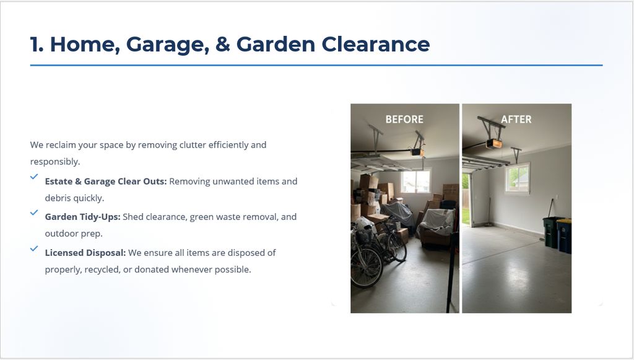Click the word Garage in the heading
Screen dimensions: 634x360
pyautogui.click(x=167, y=45)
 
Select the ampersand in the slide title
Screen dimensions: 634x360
pyautogui.click(x=223, y=44)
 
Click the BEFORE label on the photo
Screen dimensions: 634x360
pyautogui.click(x=404, y=120)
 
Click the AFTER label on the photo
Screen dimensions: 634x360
pyautogui.click(x=516, y=120)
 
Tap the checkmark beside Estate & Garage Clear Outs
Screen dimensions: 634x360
pyautogui.click(x=34, y=177)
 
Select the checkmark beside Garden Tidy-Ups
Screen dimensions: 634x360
pyautogui.click(x=34, y=213)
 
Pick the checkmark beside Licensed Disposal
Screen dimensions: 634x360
pyautogui.click(x=34, y=248)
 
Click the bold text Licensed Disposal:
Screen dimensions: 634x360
pyautogui.click(x=85, y=253)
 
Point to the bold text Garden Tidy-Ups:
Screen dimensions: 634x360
pyautogui.click(x=82, y=217)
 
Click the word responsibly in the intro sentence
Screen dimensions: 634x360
pyautogui.click(x=54, y=162)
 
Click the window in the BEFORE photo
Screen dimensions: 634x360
pyautogui.click(x=415, y=182)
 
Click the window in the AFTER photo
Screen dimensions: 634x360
pyautogui.click(x=517, y=178)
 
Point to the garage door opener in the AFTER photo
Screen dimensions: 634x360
pyautogui.click(x=493, y=143)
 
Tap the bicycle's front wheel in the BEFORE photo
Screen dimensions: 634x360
pyautogui.click(x=365, y=268)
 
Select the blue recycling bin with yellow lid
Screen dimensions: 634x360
pyautogui.click(x=564, y=236)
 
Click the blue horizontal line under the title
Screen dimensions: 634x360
pyautogui.click(x=316, y=65)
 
